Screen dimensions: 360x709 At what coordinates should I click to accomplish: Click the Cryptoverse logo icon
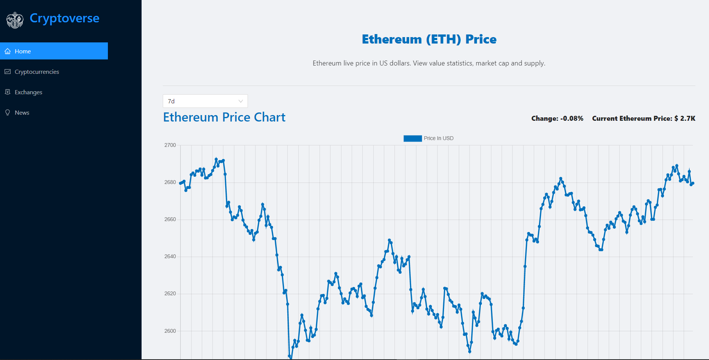(15, 20)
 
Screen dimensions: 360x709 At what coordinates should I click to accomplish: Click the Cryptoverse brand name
(64, 18)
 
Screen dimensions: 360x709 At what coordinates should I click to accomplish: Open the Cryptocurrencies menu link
(37, 72)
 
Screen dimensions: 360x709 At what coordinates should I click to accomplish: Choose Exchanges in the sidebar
(28, 92)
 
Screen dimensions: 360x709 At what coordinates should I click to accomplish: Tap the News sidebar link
(22, 113)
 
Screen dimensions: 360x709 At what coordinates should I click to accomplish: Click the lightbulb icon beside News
(8, 113)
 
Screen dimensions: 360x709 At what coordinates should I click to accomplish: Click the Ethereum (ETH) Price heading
(429, 39)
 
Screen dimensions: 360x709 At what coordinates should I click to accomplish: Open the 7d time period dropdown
(205, 101)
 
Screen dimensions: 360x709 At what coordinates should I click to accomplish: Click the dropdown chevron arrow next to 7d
(240, 101)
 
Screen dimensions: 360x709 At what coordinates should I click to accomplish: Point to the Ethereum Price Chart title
(224, 117)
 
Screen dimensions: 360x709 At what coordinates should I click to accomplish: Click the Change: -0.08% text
(557, 118)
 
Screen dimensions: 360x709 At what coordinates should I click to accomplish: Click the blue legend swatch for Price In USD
(413, 139)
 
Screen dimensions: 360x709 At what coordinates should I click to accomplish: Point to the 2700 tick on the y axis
(170, 145)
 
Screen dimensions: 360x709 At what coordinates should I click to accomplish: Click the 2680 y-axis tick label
(170, 182)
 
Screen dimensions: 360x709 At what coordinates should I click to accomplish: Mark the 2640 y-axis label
(170, 257)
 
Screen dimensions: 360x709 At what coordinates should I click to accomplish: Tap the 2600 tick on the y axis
(170, 331)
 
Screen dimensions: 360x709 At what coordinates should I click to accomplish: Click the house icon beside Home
(8, 51)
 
